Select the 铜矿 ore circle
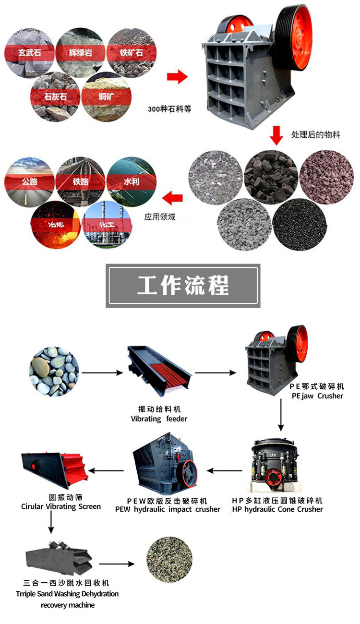click(x=106, y=96)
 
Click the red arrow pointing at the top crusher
click(x=176, y=76)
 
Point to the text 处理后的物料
click(x=315, y=135)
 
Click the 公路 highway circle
click(x=29, y=181)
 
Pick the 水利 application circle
click(x=131, y=181)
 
